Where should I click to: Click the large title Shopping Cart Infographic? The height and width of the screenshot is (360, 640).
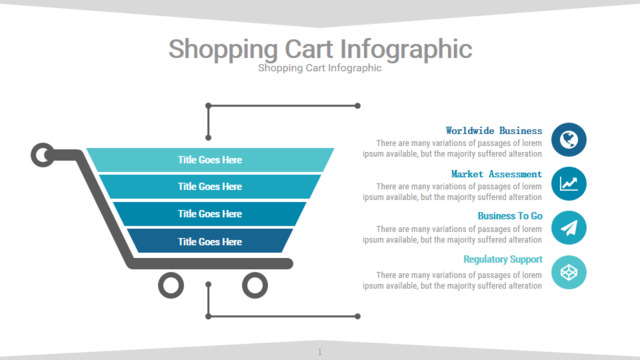point(320,49)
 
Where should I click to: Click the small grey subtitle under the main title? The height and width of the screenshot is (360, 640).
point(320,68)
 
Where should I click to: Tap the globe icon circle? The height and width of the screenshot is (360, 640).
point(569,140)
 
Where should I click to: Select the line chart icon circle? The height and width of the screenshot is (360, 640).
point(569,184)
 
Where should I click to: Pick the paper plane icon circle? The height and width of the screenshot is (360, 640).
point(569,228)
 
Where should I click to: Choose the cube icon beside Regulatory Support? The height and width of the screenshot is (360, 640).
point(569,272)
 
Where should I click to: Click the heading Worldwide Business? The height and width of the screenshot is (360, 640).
point(494,131)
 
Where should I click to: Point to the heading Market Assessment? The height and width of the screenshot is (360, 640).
point(496,174)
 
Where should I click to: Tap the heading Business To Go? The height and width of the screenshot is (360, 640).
point(510,216)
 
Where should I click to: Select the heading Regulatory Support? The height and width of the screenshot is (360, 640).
point(503,260)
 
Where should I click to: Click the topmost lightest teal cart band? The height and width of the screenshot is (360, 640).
point(210,160)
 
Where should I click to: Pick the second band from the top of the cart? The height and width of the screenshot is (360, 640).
point(210,187)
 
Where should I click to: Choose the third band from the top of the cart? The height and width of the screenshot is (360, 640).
point(210,214)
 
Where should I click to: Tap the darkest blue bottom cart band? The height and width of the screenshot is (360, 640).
point(210,241)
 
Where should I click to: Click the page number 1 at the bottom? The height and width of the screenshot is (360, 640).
point(320,352)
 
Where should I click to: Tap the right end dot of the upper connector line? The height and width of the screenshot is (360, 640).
point(358,106)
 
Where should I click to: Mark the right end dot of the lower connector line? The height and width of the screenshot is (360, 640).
point(358,316)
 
